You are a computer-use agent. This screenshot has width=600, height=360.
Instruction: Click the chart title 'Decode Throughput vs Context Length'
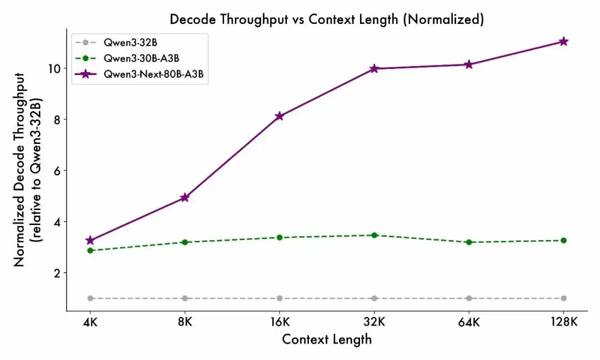tap(327, 19)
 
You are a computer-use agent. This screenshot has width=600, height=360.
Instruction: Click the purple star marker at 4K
tap(90, 241)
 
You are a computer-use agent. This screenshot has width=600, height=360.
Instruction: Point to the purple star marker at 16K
tap(279, 116)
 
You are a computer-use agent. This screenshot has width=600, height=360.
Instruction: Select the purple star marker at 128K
tap(564, 42)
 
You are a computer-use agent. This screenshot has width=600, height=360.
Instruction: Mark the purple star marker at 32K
tap(374, 69)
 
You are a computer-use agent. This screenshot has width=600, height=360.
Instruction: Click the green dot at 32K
tap(374, 235)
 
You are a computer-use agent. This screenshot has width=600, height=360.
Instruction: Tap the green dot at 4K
tap(90, 251)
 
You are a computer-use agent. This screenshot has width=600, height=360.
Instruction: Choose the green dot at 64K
tap(469, 242)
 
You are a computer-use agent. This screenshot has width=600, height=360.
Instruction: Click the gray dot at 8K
tap(184, 298)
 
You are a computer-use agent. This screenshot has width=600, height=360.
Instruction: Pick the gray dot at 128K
tap(564, 298)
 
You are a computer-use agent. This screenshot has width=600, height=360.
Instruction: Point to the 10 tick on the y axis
tap(53, 68)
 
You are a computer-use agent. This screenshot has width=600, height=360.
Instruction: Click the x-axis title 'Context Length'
tap(327, 339)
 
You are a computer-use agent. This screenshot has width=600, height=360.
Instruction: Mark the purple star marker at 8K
tap(184, 198)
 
